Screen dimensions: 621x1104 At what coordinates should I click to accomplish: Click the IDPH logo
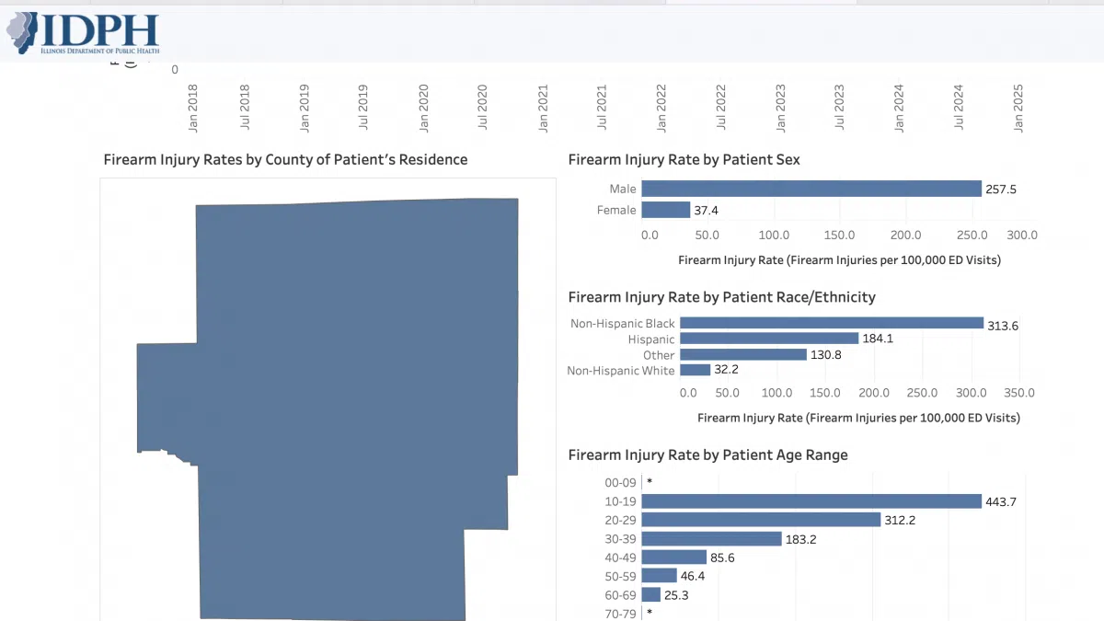[x=83, y=33]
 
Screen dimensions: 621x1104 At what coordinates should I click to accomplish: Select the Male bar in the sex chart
[x=811, y=189]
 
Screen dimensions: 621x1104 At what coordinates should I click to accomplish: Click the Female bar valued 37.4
[x=665, y=210]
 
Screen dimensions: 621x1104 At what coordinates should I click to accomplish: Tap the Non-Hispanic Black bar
[x=832, y=323]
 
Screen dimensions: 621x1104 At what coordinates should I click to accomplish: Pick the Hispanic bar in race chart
[x=768, y=339]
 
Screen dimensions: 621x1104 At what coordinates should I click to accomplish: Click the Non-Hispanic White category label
[x=620, y=370]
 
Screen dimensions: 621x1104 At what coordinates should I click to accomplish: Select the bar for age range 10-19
[x=811, y=501]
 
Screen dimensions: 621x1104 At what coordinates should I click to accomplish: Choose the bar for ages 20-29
[x=760, y=520]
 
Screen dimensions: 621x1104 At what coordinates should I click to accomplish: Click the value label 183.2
[x=800, y=538]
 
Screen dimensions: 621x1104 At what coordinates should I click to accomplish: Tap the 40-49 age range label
[x=620, y=557]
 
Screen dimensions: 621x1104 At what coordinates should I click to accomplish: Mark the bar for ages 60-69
[x=650, y=594]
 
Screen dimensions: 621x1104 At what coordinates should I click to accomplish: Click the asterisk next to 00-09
[x=650, y=482]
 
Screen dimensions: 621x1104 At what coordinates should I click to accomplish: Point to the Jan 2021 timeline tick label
[x=543, y=109]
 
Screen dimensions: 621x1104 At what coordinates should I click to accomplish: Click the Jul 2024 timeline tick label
[x=960, y=109]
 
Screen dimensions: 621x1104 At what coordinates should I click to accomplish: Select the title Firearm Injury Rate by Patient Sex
[x=684, y=159]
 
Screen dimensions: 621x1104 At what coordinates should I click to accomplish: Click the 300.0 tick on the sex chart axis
[x=1021, y=235]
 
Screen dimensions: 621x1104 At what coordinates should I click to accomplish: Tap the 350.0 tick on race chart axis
[x=1018, y=393]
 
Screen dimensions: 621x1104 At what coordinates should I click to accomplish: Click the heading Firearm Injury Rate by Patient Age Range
[x=707, y=454]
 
